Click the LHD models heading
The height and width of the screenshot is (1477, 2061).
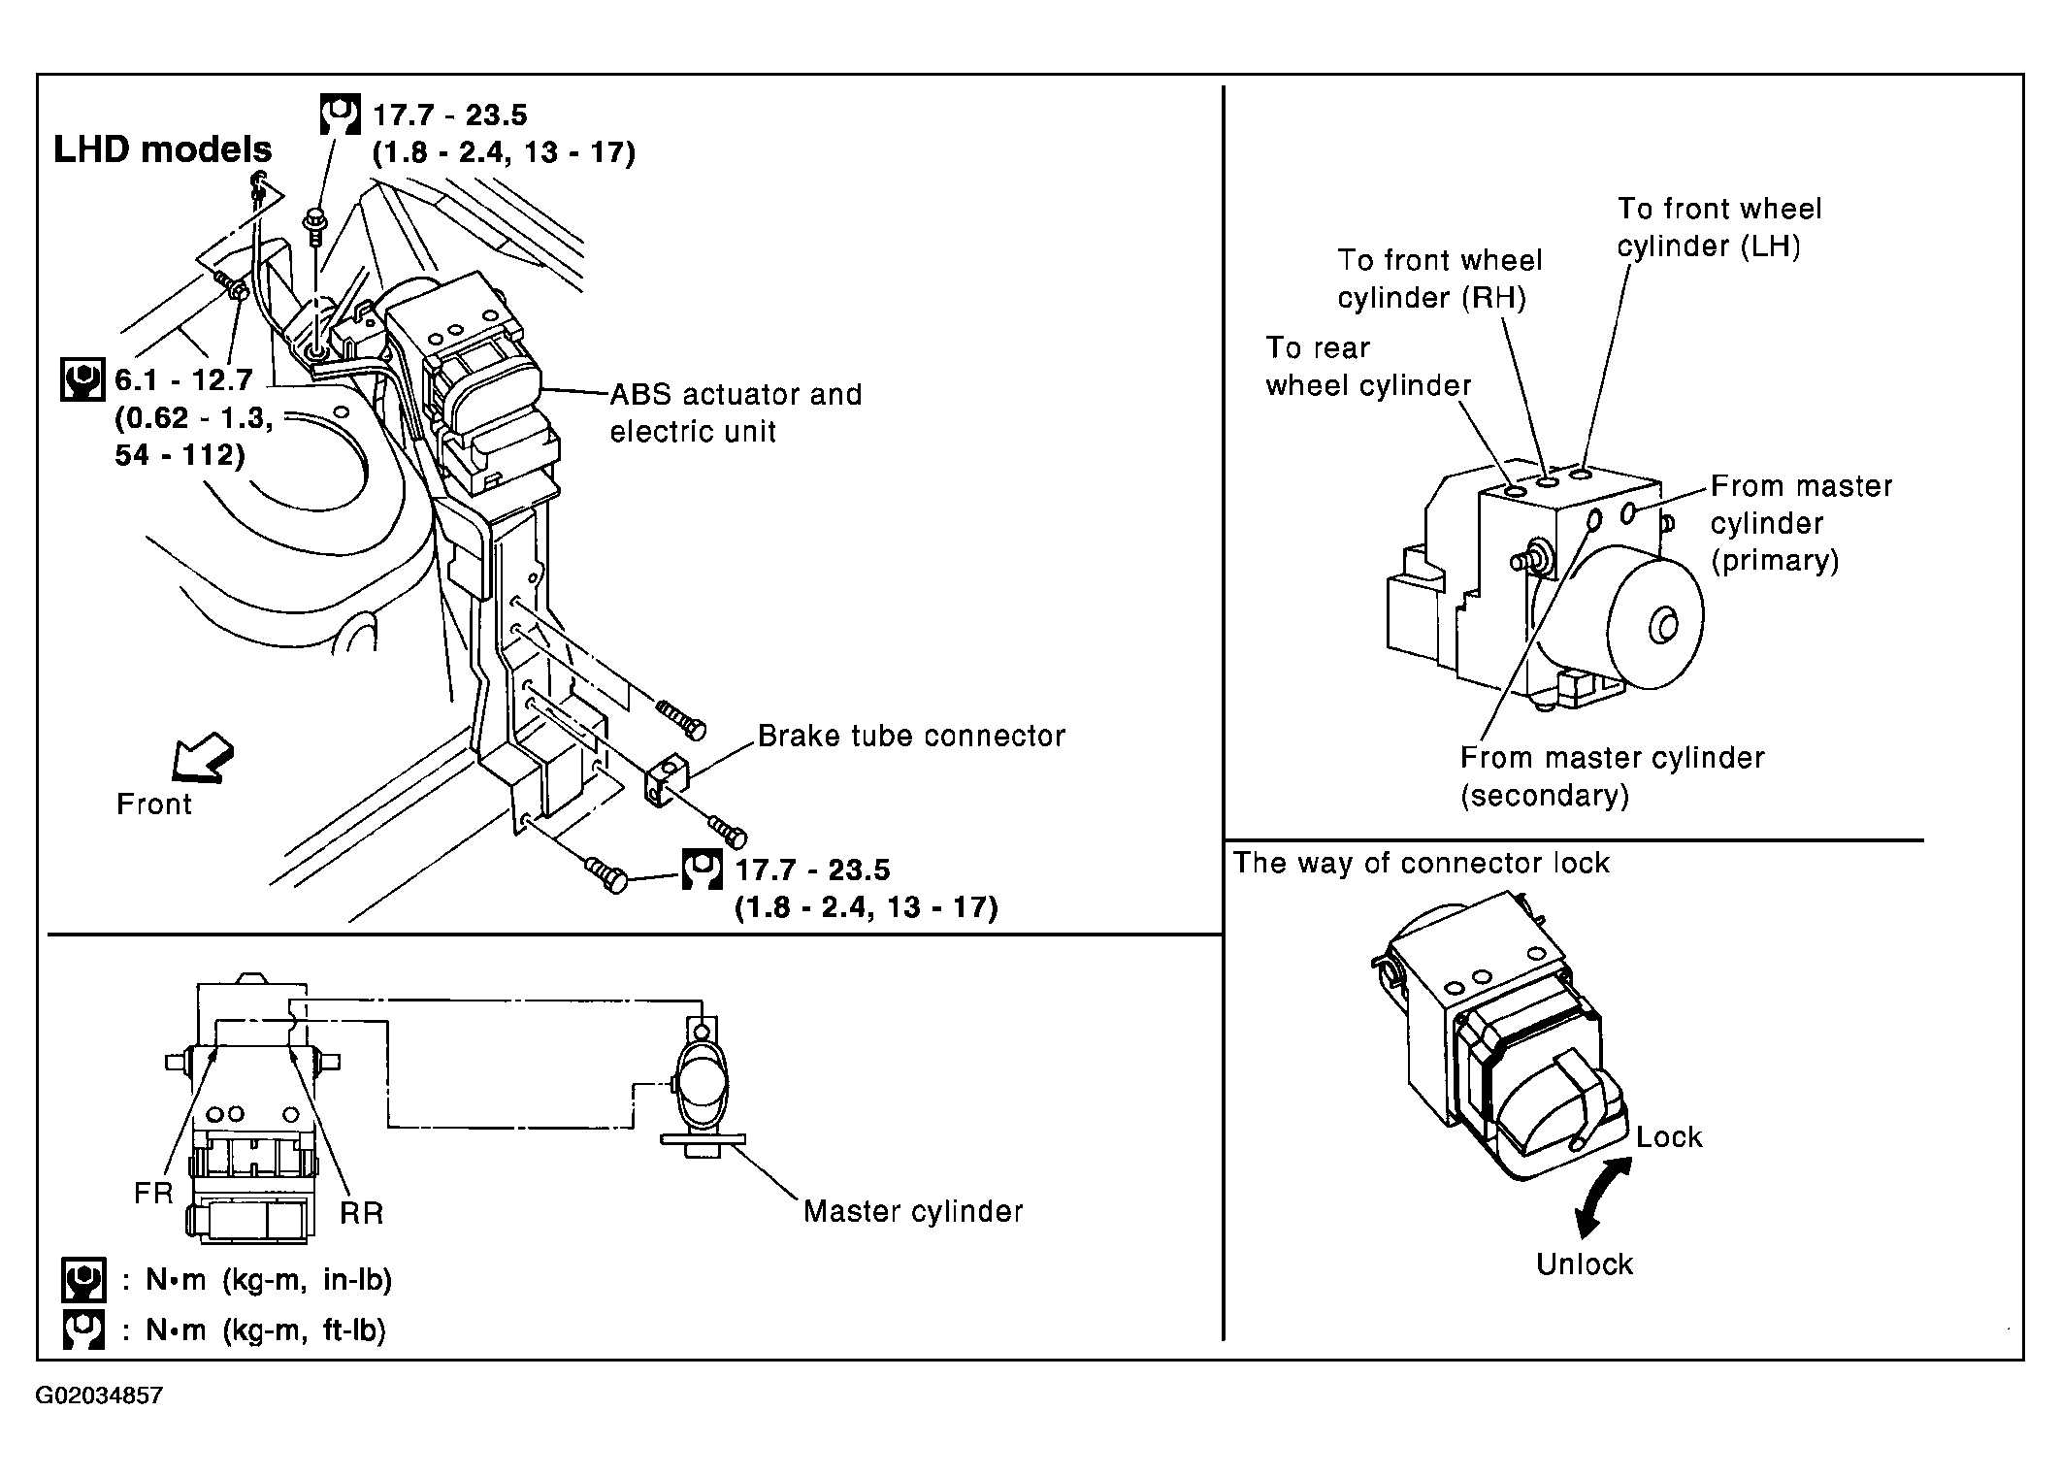[x=163, y=149]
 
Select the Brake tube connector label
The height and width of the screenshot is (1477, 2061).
[x=911, y=736]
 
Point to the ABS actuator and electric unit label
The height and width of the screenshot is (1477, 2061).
[x=736, y=412]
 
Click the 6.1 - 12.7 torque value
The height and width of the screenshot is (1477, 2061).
[x=183, y=379]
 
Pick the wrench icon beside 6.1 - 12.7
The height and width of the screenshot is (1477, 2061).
[x=82, y=379]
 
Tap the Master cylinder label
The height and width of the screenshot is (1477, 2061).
[x=913, y=1211]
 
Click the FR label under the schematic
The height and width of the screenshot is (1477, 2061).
[x=153, y=1193]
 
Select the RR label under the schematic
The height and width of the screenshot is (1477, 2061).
[x=362, y=1213]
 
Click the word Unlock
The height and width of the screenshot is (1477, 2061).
[x=1585, y=1264]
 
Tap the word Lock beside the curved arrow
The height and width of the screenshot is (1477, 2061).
[x=1669, y=1136]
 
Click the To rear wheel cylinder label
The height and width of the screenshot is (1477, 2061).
[x=1368, y=367]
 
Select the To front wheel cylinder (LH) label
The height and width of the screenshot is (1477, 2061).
[x=1719, y=227]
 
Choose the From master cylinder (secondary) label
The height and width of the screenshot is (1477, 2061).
[x=1612, y=776]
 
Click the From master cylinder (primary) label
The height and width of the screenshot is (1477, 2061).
[x=1801, y=523]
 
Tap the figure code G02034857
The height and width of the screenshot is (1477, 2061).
[x=99, y=1396]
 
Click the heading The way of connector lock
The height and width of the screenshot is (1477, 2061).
[x=1421, y=863]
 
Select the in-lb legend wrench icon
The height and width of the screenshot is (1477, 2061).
[x=82, y=1280]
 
